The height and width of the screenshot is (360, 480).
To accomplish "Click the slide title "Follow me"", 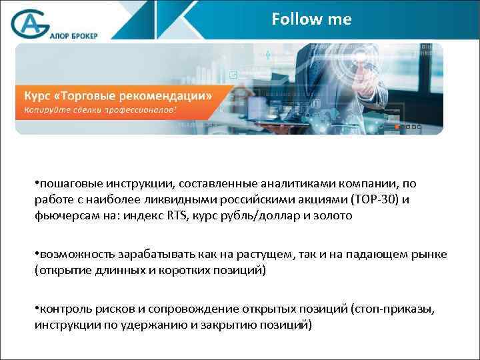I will coord(311,19).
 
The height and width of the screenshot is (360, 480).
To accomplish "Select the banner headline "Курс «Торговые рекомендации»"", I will coord(118,95).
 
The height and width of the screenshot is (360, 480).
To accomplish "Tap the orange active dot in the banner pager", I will coord(397,127).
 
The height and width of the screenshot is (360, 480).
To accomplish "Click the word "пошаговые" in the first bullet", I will coord(67,183).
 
